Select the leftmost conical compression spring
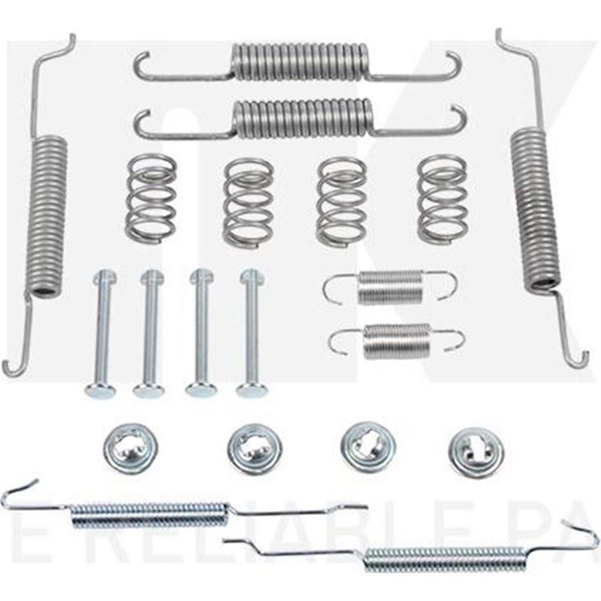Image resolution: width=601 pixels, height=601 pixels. (151, 199)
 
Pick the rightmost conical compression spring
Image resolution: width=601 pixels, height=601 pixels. (442, 199)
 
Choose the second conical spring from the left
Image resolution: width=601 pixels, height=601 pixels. (248, 201)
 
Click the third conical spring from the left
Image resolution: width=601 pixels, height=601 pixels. (342, 201)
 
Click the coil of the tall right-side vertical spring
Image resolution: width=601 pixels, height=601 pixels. (535, 207)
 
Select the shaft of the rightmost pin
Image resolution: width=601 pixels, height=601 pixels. (250, 331)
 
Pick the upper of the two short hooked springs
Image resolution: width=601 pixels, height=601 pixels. (391, 287)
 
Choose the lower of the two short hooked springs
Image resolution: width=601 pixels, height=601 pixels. (396, 340)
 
